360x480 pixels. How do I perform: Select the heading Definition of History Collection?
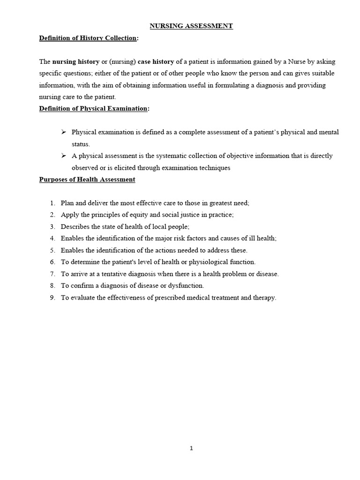(x=88, y=38)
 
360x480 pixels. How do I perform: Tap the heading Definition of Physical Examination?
(x=93, y=109)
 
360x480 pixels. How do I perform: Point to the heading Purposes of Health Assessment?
(x=87, y=180)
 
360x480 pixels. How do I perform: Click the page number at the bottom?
(x=191, y=448)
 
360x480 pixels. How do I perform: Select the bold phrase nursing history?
(x=76, y=62)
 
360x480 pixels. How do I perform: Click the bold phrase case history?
(x=156, y=62)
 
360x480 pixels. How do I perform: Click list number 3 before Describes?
(x=52, y=226)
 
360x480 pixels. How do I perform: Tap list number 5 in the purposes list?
(x=52, y=250)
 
